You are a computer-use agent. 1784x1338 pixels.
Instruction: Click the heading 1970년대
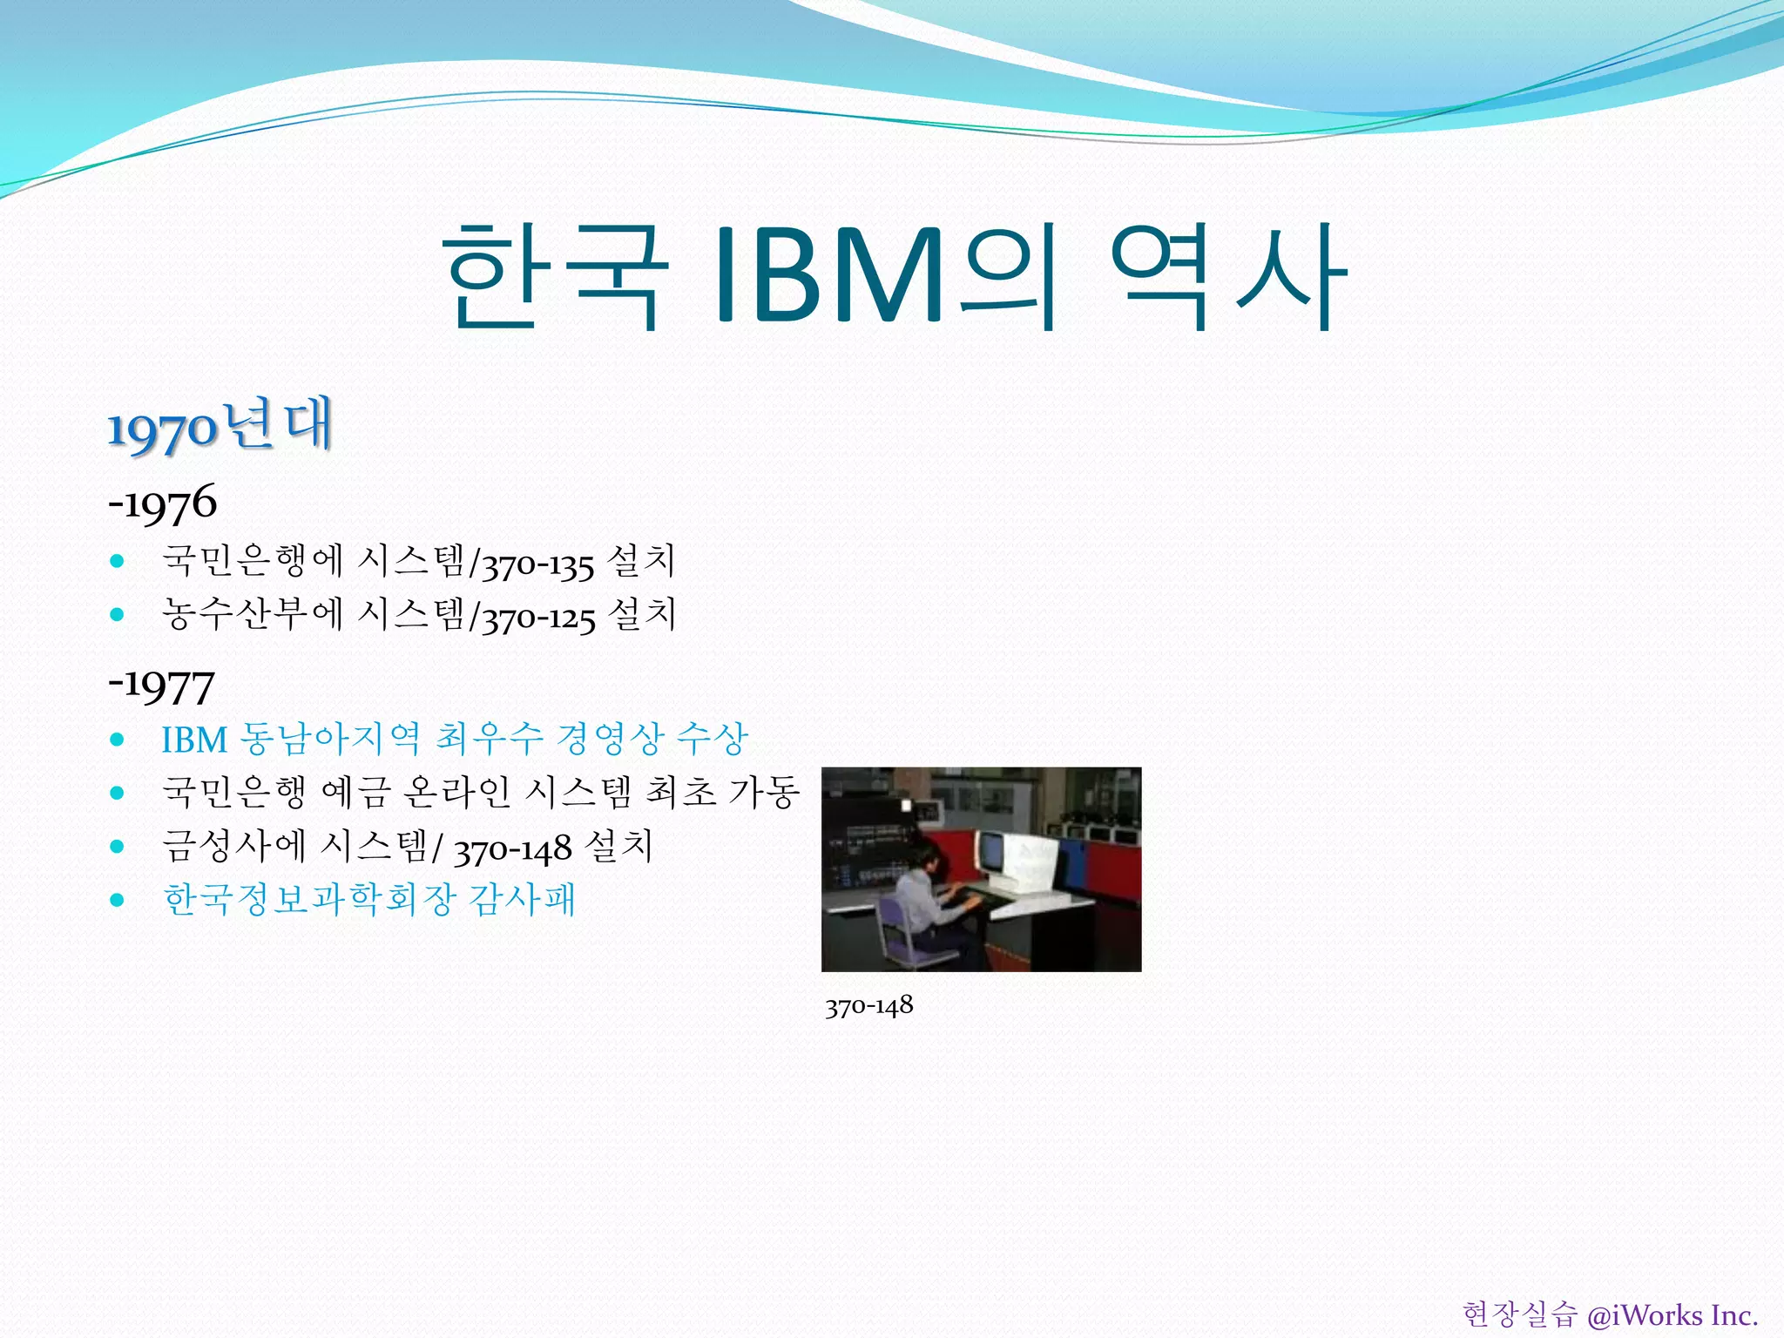point(220,426)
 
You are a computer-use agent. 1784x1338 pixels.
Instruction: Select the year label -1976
point(162,503)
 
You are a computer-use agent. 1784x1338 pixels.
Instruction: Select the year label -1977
point(161,685)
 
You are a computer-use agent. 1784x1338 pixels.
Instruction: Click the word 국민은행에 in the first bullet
point(253,560)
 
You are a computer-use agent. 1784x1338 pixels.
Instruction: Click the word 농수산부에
point(253,613)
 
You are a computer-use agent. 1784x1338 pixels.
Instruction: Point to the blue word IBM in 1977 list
point(193,740)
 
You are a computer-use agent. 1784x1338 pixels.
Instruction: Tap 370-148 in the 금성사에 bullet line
point(512,848)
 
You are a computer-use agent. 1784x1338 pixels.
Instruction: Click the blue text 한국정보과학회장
point(309,899)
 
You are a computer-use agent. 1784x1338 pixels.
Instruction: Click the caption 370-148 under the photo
point(868,1007)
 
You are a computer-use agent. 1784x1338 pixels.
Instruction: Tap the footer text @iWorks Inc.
point(1672,1314)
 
